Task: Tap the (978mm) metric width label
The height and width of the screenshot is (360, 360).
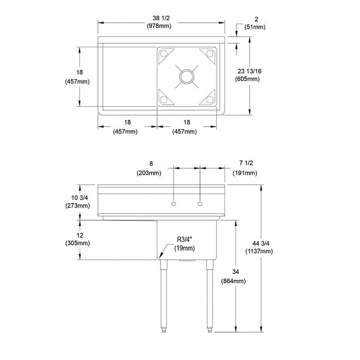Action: coord(161,26)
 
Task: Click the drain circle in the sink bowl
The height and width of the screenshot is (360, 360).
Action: coord(187,76)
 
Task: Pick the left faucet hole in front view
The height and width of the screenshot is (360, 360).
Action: coord(173,203)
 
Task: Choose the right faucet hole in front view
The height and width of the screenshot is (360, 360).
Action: coord(200,203)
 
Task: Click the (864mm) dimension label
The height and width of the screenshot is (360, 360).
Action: coord(233,281)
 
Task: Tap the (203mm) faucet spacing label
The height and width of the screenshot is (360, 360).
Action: coord(151,173)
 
